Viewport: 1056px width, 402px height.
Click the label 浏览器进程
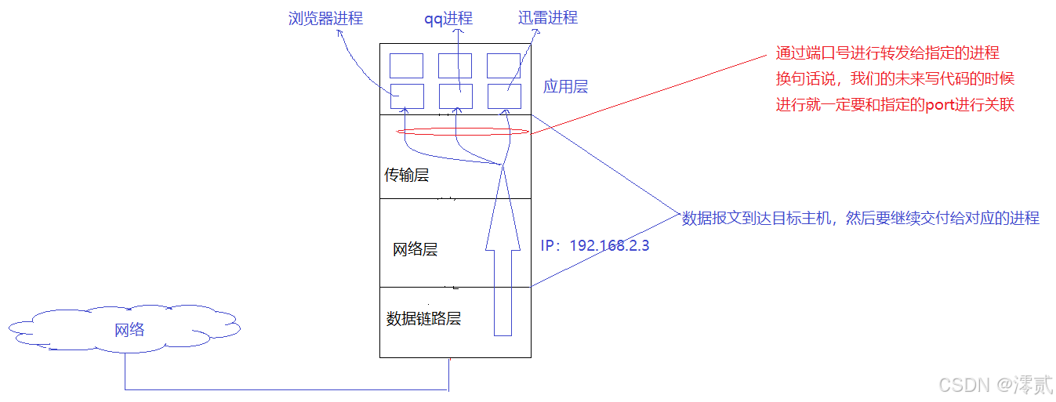tap(325, 18)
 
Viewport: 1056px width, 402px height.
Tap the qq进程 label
tap(448, 18)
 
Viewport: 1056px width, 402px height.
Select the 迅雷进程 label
tap(547, 18)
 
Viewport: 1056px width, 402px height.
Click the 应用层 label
tap(565, 87)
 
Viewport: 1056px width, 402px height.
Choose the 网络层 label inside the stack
tap(415, 250)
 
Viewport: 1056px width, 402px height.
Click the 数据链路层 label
tap(423, 318)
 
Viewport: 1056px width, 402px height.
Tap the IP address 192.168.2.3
tap(595, 245)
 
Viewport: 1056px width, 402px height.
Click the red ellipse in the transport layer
tap(464, 131)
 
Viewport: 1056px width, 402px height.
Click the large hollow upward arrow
tap(503, 259)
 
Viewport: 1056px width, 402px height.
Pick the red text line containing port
tap(895, 105)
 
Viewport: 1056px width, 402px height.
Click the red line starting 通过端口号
tap(887, 53)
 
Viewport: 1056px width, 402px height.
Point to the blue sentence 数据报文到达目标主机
tap(860, 219)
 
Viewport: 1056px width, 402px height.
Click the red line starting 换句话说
tap(895, 79)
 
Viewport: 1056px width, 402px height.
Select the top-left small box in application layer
tap(406, 66)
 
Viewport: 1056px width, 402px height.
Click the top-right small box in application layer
tap(503, 66)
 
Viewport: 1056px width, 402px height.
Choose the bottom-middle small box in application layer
tap(455, 96)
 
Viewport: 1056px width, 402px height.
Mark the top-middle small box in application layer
tap(455, 66)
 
